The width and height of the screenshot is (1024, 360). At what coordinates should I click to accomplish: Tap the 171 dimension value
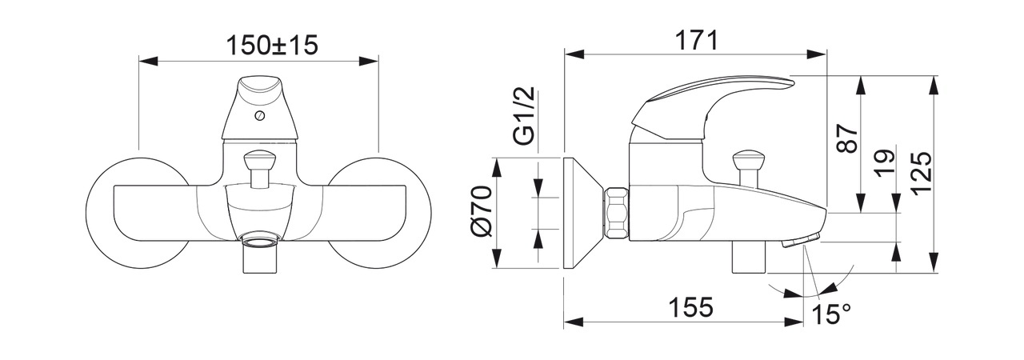pos(697,40)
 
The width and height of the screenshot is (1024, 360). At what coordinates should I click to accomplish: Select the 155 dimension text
pos(690,306)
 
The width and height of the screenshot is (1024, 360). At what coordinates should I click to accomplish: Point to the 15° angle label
pos(831,314)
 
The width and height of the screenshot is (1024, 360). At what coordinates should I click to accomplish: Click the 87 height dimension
pos(847,138)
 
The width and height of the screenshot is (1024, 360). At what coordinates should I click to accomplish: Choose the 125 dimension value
pos(920,173)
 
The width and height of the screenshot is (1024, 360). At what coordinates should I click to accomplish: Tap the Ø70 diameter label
pos(482,210)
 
